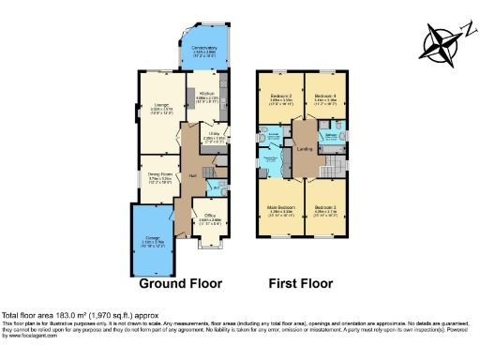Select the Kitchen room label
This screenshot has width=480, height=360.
(208, 94)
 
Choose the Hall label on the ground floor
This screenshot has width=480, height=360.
(192, 175)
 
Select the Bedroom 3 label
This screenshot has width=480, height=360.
(326, 212)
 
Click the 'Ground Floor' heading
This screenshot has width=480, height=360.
(179, 282)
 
